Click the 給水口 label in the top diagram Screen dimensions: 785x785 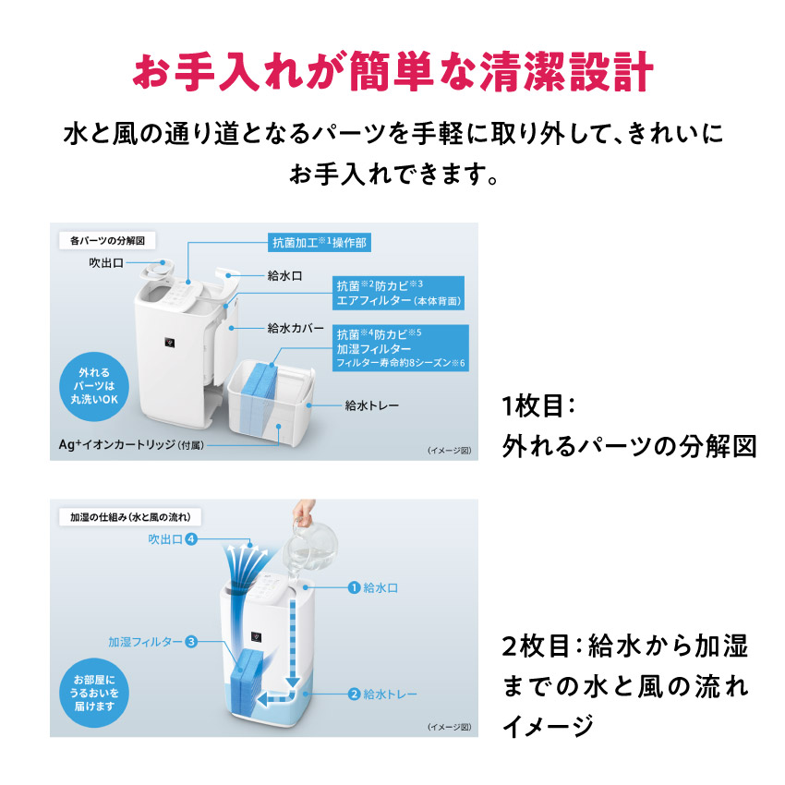coord(284,276)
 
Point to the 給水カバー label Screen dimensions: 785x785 coord(295,328)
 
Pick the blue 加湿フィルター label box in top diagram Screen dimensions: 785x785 coord(401,347)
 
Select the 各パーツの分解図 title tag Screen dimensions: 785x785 coord(107,240)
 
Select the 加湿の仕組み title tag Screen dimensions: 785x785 coord(130,517)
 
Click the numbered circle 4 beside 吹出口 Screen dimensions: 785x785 coord(191,539)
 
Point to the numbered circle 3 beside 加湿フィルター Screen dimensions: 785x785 coord(191,641)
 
